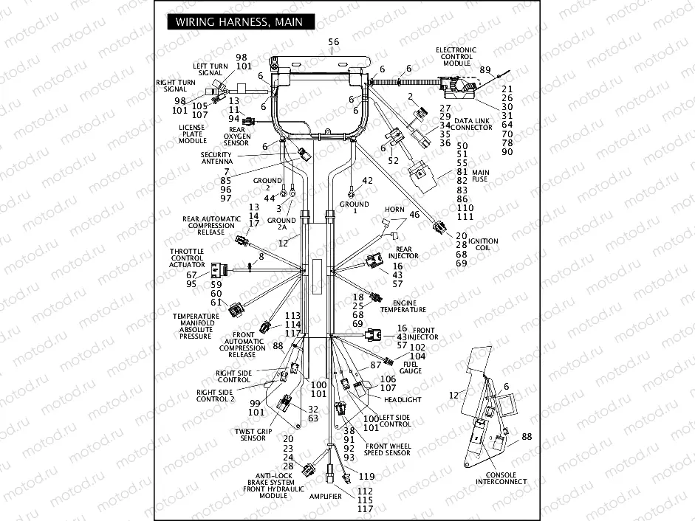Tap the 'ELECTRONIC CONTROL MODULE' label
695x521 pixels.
click(x=458, y=57)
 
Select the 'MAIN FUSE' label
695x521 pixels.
click(x=481, y=176)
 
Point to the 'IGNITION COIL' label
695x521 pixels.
click(x=483, y=244)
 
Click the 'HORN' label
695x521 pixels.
click(x=394, y=210)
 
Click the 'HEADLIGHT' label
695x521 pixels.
click(x=403, y=399)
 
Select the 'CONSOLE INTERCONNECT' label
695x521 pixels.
click(x=501, y=478)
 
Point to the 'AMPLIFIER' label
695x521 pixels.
click(x=326, y=497)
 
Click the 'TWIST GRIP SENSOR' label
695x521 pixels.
click(x=250, y=434)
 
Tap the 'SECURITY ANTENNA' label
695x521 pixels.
click(x=217, y=158)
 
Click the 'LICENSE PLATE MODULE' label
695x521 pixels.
click(x=193, y=134)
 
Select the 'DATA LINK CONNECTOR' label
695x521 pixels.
click(x=473, y=124)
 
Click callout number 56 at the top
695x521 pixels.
click(x=334, y=42)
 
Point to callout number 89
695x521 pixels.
click(x=485, y=70)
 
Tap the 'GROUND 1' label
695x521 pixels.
click(x=355, y=207)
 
